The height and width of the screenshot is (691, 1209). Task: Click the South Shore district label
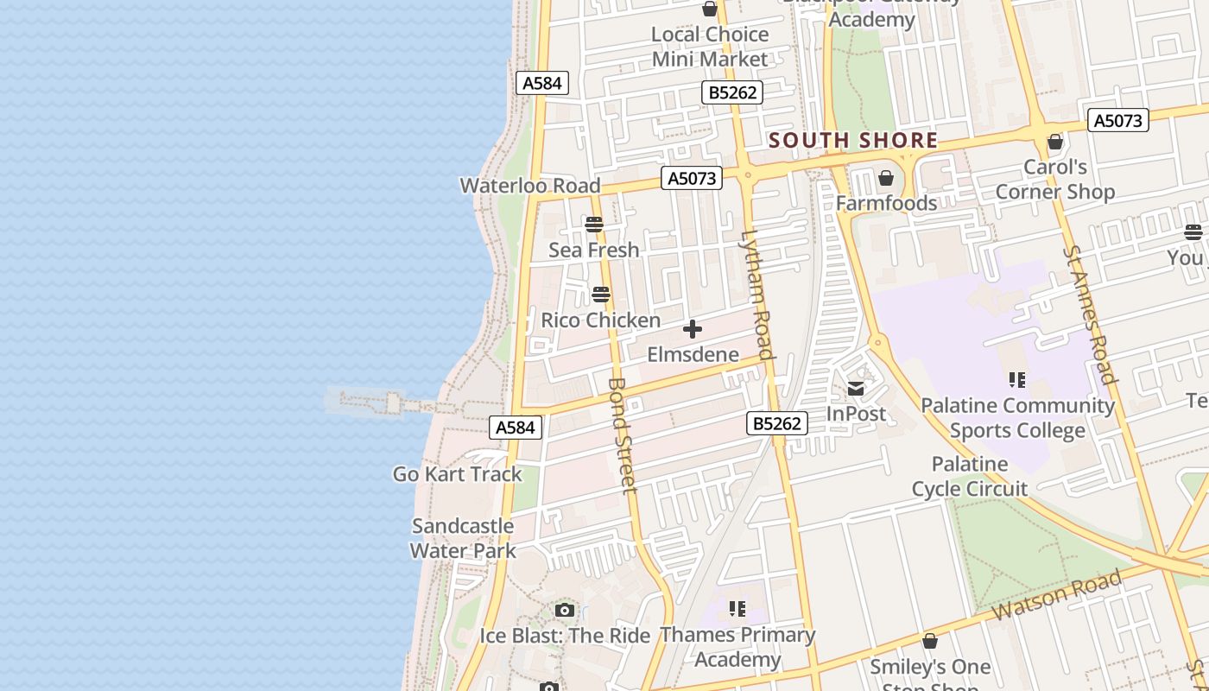[x=852, y=140]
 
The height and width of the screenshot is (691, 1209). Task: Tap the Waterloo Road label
[x=529, y=185]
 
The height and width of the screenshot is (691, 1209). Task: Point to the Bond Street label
[x=622, y=435]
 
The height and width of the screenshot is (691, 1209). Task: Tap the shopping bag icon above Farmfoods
[x=885, y=179]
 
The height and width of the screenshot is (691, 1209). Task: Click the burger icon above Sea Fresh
[x=593, y=225]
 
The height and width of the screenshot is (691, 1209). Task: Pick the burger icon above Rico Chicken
[x=601, y=295]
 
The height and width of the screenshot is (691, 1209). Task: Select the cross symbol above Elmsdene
[x=693, y=329]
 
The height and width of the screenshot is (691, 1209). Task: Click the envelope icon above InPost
[x=856, y=389]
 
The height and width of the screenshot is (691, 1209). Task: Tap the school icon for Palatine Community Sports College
[x=1016, y=380]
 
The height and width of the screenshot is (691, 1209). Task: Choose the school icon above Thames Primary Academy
[x=737, y=609]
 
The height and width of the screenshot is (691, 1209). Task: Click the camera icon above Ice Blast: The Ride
[x=565, y=611]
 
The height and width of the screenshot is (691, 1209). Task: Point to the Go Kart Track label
[x=458, y=473]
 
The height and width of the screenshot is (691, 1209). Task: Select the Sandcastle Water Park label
[x=463, y=538]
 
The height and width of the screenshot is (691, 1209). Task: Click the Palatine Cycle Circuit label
[x=970, y=477]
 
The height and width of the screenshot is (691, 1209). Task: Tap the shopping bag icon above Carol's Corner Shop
[x=1054, y=142]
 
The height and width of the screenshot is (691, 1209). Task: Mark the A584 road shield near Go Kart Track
[x=516, y=427]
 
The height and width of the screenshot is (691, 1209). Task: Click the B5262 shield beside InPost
[x=777, y=423]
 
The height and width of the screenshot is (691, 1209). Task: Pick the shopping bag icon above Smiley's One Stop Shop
[x=929, y=641]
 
